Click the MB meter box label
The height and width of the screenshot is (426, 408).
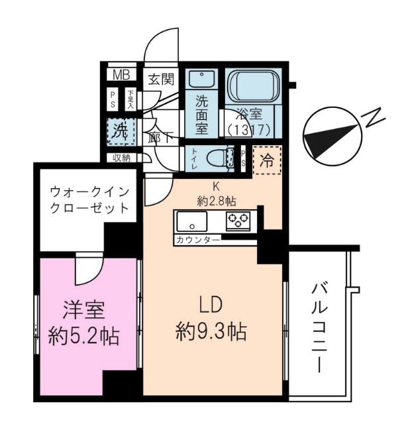tap(121, 74)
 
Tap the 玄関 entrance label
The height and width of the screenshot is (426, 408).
tap(161, 80)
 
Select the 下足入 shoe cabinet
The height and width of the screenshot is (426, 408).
tap(131, 99)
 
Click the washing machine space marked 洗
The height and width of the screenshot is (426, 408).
tap(121, 132)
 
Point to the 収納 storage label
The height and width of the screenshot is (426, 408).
tap(122, 158)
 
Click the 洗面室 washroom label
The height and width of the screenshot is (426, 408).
tap(202, 115)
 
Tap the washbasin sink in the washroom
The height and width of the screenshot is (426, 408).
tap(201, 79)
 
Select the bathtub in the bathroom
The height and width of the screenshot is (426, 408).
tap(252, 86)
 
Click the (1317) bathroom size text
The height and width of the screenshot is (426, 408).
tap(249, 131)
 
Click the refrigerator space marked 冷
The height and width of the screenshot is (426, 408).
tap(267, 161)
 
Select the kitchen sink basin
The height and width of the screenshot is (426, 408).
tap(192, 221)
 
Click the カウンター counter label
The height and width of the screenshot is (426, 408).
tap(198, 240)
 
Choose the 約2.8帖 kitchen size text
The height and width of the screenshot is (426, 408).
tap(216, 201)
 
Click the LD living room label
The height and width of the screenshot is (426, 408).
tap(211, 305)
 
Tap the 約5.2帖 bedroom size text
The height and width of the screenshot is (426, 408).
tap(83, 337)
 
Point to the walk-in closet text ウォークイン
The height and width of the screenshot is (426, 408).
tap(89, 192)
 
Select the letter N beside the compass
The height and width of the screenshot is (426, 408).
tap(374, 118)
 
